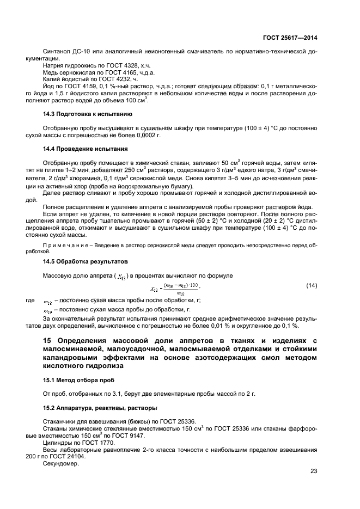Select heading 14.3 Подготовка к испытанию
pos(87,114)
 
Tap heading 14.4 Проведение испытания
pos(86,149)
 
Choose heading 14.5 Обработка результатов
pos(84,261)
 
